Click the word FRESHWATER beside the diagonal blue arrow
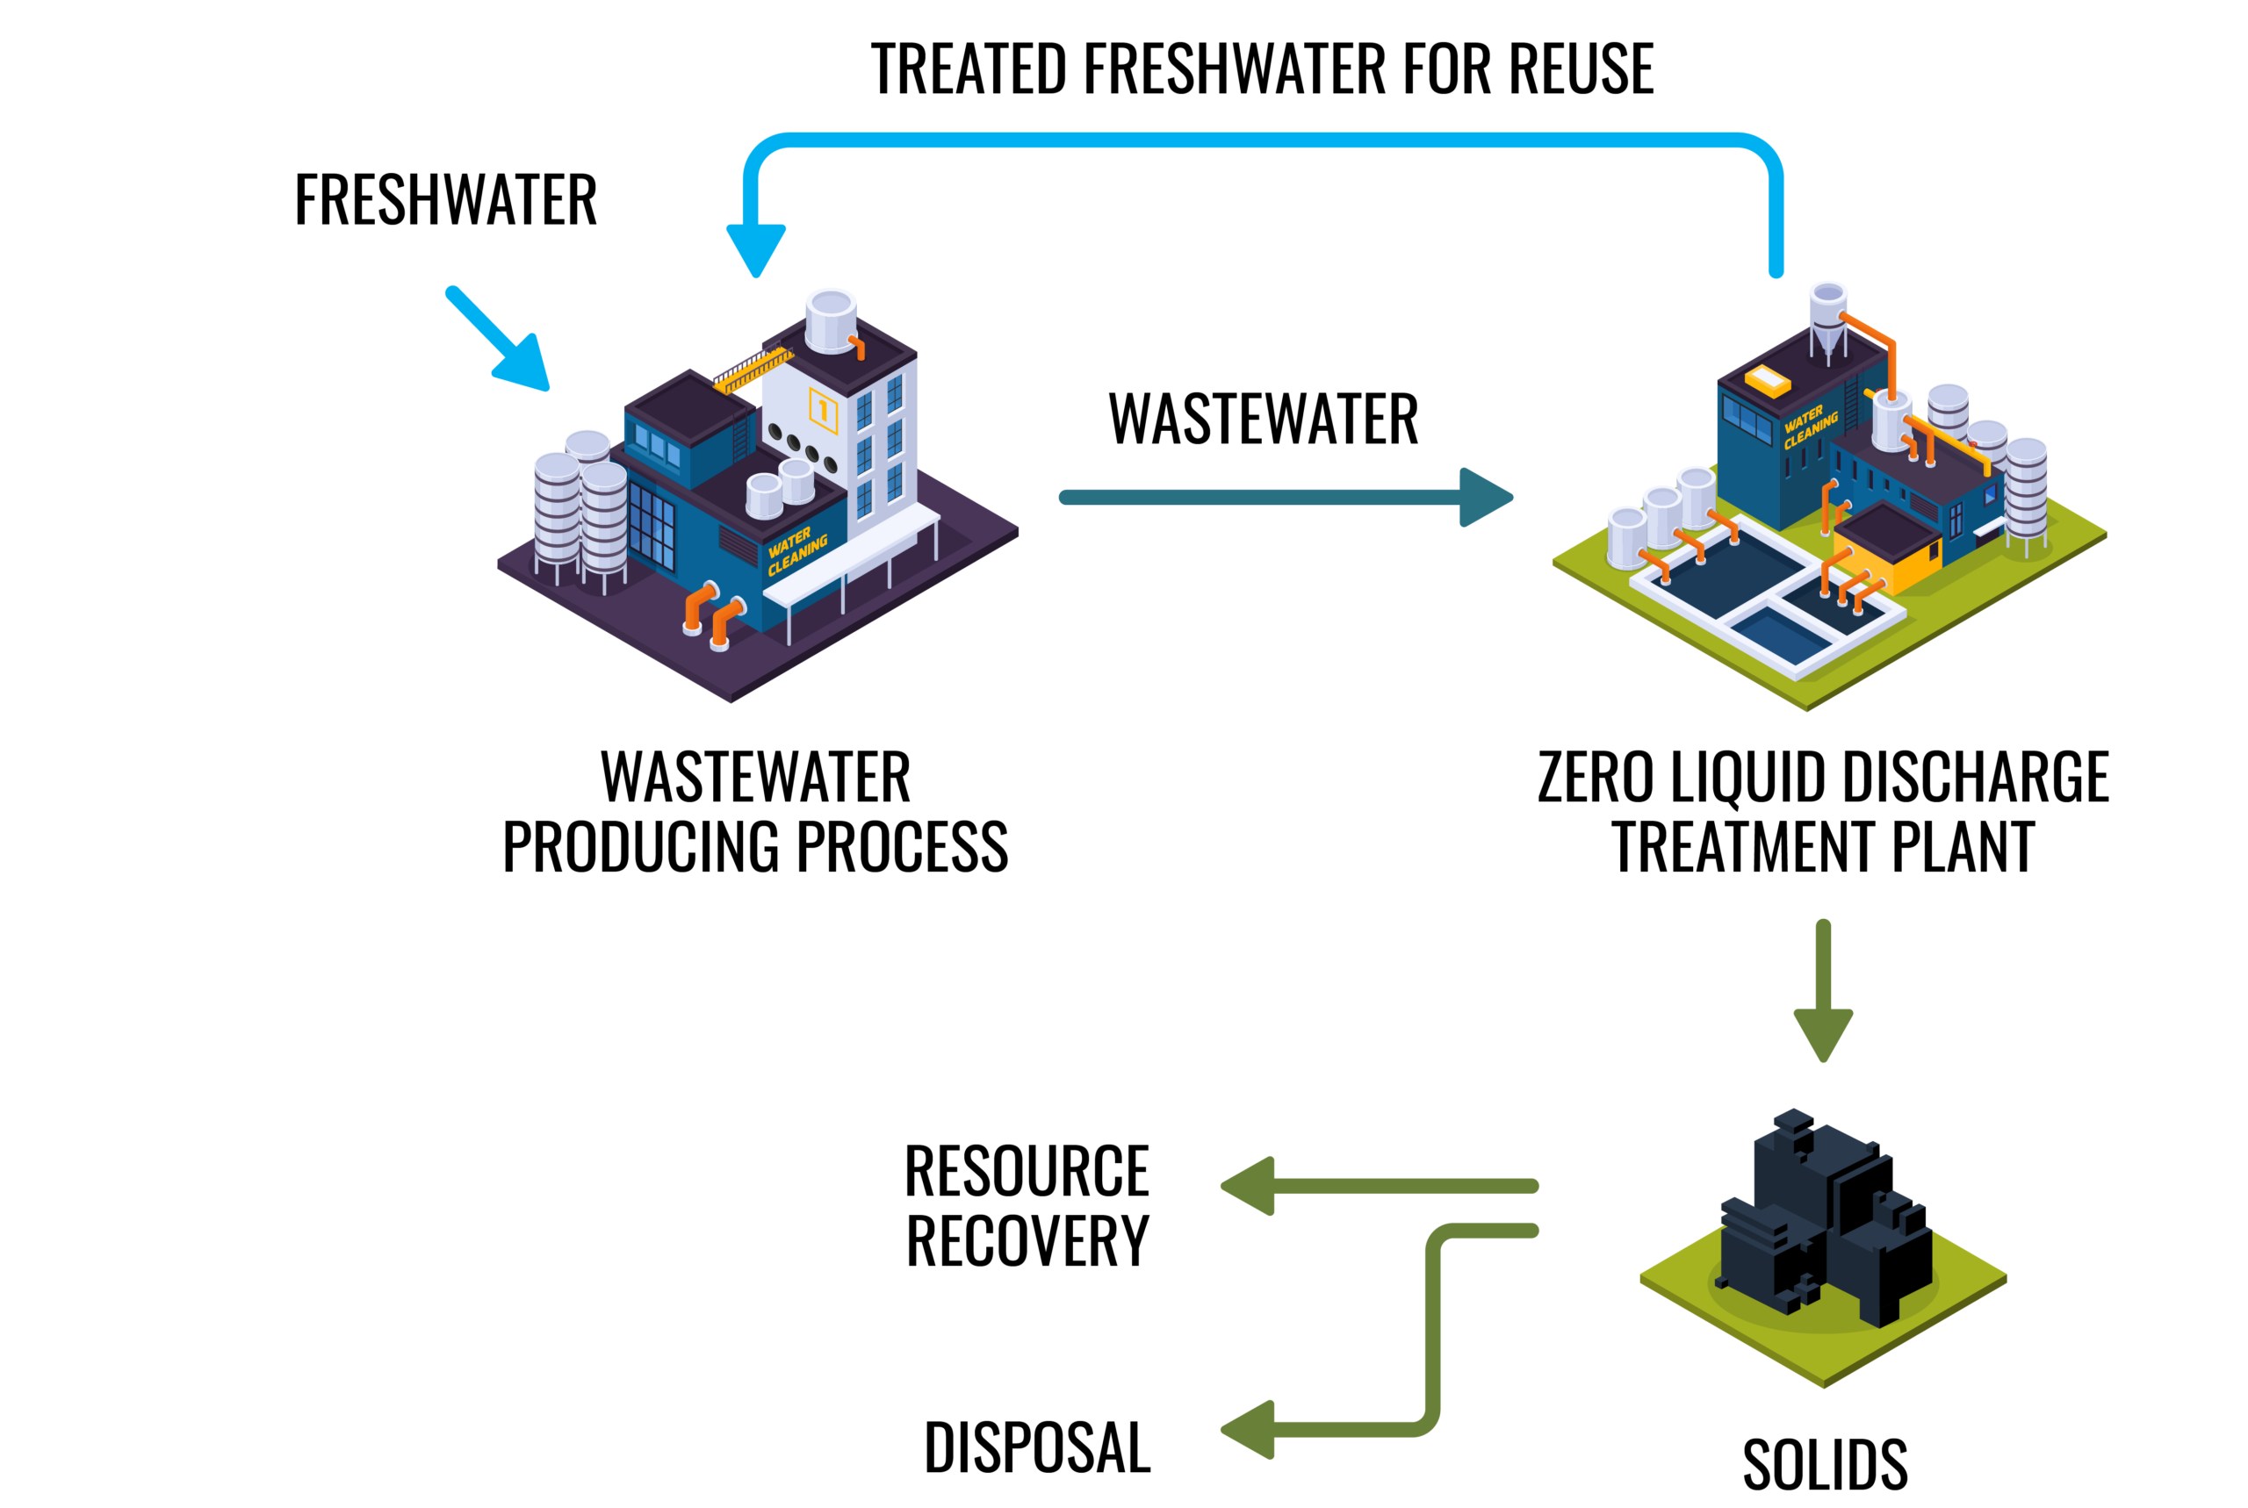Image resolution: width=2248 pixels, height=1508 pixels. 445,200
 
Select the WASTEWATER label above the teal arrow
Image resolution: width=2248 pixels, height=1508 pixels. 1263,420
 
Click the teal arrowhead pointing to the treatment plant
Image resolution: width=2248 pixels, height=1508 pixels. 1484,497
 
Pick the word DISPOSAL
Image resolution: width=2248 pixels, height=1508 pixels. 1037,1447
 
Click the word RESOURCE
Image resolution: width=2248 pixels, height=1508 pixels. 1027,1172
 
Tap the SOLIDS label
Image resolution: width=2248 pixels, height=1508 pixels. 1825,1465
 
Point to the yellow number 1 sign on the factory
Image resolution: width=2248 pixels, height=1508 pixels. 824,411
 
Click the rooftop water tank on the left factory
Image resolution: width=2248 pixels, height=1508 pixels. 830,320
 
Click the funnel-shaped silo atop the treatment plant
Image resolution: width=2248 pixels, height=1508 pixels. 1827,318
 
